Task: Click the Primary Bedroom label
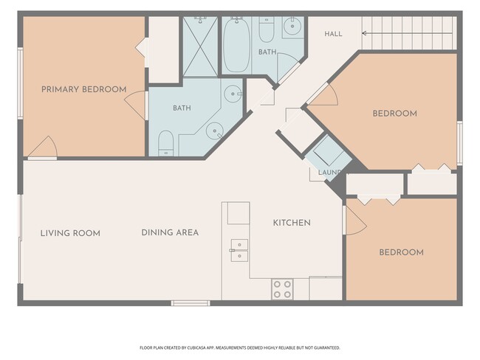(x=84, y=89)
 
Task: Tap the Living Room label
(x=70, y=233)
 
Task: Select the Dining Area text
(x=170, y=233)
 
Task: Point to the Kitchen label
(x=292, y=223)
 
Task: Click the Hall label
(x=333, y=34)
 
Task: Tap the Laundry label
(x=330, y=173)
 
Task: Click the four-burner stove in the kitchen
(x=282, y=289)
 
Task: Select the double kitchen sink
(x=239, y=251)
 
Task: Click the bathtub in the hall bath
(x=236, y=45)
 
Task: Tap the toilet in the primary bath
(x=166, y=143)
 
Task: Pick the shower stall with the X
(x=201, y=46)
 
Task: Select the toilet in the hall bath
(x=267, y=30)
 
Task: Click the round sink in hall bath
(x=292, y=27)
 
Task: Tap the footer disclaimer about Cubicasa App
(x=240, y=347)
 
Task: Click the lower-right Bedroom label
(x=401, y=252)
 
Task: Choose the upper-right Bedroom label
(x=394, y=114)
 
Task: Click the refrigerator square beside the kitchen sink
(x=239, y=213)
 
